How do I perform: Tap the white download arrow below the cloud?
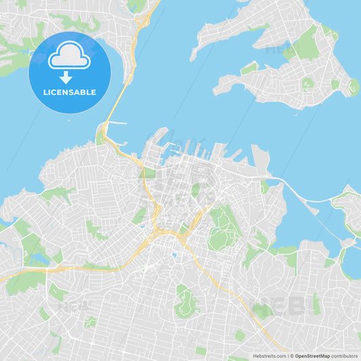coord(66,77)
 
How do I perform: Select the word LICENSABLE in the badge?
coord(70,92)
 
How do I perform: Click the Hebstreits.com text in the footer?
coord(270,356)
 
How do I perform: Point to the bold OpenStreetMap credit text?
coord(312,356)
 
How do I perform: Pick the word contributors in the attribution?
coord(345,356)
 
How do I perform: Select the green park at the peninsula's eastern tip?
coord(353,86)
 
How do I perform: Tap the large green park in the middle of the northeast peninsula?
coord(306,44)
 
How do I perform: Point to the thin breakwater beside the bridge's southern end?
coord(116,123)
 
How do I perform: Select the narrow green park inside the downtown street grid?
coord(196,190)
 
